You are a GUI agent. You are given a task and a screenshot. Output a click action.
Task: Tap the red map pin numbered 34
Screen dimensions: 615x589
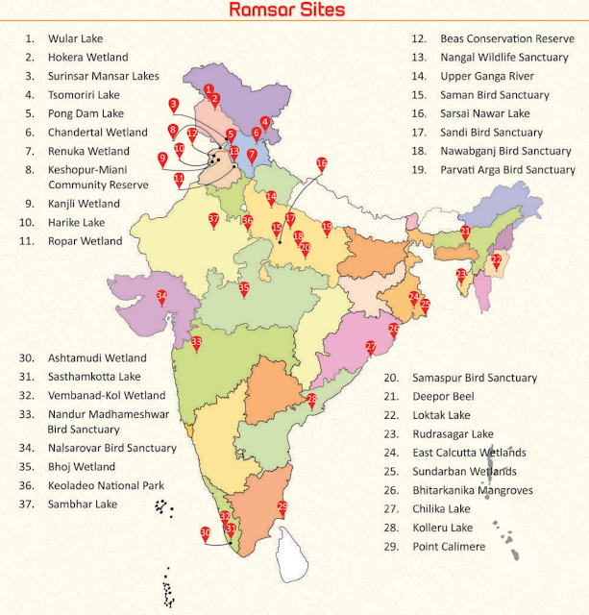coord(162,297)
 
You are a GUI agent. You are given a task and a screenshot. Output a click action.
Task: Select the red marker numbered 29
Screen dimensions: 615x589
coord(282,507)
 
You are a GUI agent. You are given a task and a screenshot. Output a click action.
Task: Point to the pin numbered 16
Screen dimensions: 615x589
coord(322,164)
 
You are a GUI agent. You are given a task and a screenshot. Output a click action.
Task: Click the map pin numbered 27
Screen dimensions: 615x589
coord(370,346)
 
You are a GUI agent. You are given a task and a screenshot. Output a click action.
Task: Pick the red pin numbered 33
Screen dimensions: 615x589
coord(196,343)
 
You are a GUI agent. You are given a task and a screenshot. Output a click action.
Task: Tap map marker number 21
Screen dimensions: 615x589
coord(465,232)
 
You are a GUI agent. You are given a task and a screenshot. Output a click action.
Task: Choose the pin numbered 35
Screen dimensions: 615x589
coord(244,288)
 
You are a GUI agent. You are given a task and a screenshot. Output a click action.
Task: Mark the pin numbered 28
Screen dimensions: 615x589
coord(311,400)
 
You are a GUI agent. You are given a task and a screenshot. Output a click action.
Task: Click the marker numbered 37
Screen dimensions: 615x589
coord(213,220)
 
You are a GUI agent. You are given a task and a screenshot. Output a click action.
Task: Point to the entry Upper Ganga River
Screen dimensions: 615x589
coord(488,76)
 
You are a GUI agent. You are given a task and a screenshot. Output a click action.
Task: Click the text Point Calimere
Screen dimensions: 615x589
coord(449,546)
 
